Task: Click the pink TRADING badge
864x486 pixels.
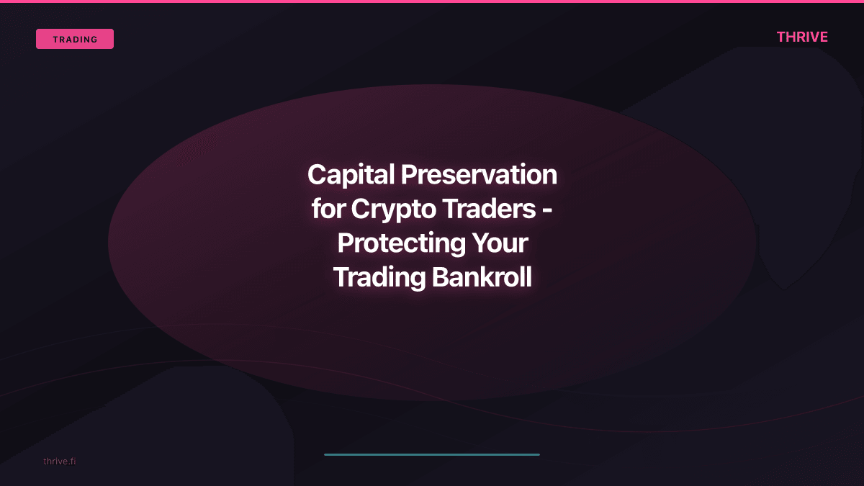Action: coord(75,39)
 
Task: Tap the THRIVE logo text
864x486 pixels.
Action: coord(802,37)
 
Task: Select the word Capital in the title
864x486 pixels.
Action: coord(351,174)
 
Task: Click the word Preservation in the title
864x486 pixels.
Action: coord(479,174)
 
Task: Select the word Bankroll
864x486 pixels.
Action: coord(482,277)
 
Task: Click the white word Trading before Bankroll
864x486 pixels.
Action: coord(379,277)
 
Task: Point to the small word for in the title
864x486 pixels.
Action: coord(328,209)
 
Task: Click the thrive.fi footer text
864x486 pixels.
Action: coord(59,461)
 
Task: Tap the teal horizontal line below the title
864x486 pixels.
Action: coord(432,454)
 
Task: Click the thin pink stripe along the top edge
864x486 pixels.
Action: coord(432,1)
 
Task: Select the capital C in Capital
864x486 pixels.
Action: coord(316,174)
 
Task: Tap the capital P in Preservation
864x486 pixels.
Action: coord(408,174)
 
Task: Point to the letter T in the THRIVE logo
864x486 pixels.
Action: coord(782,37)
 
